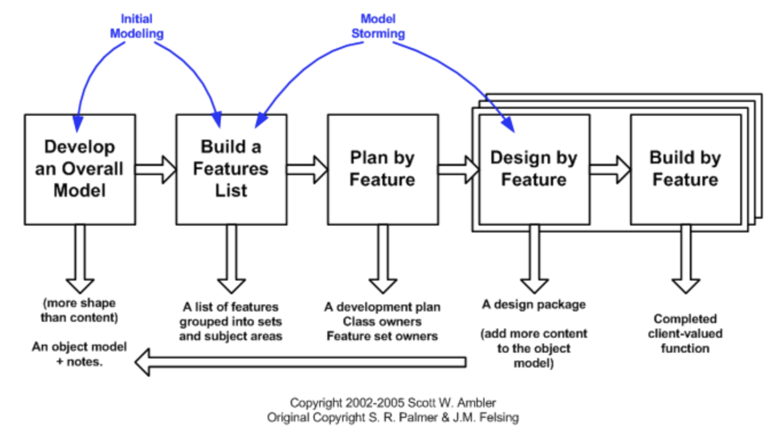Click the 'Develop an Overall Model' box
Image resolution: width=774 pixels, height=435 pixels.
coord(80,169)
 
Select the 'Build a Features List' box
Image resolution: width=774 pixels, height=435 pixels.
coord(231,169)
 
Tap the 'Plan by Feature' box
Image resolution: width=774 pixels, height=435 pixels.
coord(382,169)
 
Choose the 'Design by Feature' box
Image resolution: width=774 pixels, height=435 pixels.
coord(534,169)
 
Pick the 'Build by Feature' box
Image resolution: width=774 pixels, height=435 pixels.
coord(685,169)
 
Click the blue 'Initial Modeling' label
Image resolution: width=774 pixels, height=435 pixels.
coord(136,26)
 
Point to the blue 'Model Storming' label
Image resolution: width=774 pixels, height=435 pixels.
coord(377,26)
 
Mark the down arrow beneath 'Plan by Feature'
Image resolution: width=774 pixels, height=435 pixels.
coord(382,259)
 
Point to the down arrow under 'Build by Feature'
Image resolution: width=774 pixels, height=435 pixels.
coord(685,259)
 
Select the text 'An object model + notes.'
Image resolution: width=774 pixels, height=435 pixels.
coord(79,354)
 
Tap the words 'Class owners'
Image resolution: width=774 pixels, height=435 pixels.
coord(382,321)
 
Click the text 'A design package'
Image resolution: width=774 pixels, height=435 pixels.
coord(534,305)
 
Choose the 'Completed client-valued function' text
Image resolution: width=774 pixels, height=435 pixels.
coord(685,334)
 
